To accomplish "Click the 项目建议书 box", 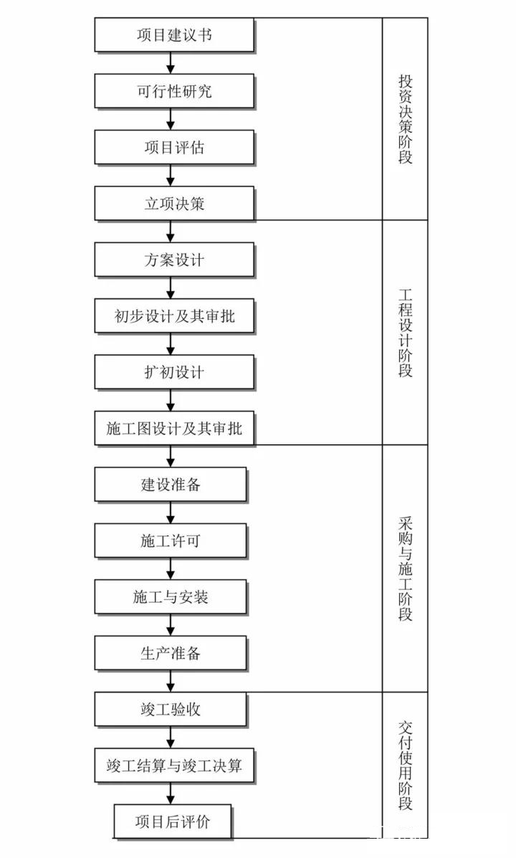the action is coord(174,35).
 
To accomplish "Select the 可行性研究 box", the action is coord(174,91).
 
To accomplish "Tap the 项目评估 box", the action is coord(174,147).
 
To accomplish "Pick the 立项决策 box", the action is coord(174,204).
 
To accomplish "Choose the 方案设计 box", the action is coord(174,260).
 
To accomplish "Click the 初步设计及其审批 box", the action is coord(174,315).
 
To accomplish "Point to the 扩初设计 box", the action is coord(174,372).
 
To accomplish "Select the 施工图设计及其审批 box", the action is coord(174,429).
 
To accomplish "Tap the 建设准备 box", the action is coord(170,485).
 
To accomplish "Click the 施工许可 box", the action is coord(170,540).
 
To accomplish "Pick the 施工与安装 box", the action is coord(170,597).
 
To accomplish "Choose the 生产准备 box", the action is coord(170,653).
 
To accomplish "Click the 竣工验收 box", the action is coord(170,709).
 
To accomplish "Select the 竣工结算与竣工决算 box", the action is coord(174,766).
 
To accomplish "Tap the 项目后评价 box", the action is coord(173,821).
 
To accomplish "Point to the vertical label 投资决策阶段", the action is coord(405,119).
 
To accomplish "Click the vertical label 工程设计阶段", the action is coord(405,333).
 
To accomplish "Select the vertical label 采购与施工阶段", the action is coord(405,568).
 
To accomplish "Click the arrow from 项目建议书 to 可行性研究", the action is coord(170,63).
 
